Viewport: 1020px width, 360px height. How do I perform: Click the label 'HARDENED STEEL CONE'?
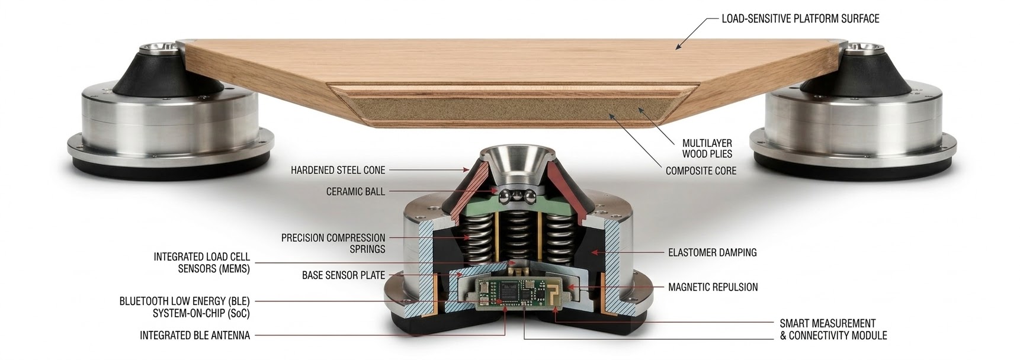(338, 171)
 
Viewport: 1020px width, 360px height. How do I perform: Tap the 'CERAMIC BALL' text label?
(355, 192)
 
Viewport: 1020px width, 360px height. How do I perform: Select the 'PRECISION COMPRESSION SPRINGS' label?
(333, 243)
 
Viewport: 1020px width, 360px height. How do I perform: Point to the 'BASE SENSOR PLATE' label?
(344, 275)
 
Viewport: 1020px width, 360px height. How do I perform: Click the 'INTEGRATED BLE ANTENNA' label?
(195, 336)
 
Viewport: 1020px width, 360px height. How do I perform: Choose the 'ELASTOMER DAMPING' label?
(713, 253)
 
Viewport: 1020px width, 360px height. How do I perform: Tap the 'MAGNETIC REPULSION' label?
(713, 288)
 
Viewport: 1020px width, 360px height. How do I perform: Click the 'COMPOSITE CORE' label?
(701, 171)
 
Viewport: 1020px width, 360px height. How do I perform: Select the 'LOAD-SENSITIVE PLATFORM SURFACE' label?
(800, 19)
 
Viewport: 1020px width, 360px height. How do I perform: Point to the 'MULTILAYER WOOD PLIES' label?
(707, 149)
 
